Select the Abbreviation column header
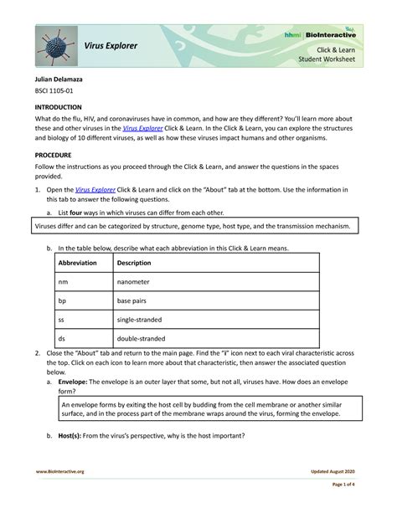tap(77, 263)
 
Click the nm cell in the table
tap(63, 282)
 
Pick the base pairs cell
tap(135, 300)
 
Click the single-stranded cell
tap(139, 320)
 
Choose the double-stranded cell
tap(140, 339)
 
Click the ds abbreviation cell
tap(62, 339)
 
